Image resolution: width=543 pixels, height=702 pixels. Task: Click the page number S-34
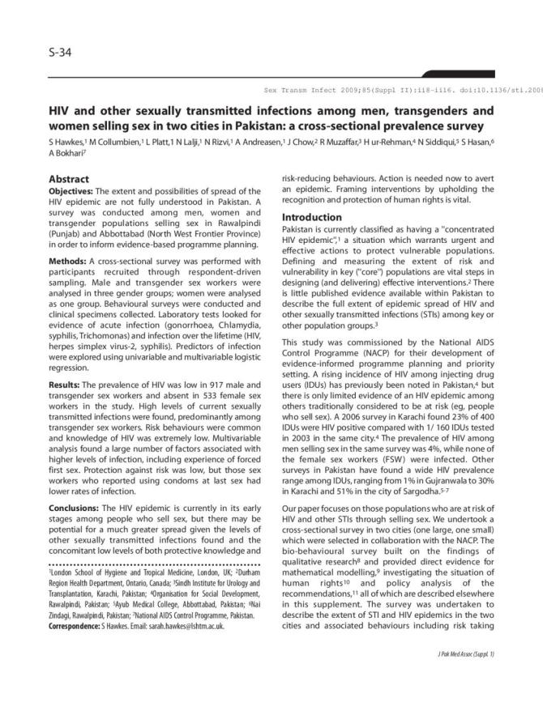(x=62, y=55)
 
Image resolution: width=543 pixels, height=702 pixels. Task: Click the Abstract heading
(x=69, y=178)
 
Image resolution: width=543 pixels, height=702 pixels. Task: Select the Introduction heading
(x=311, y=218)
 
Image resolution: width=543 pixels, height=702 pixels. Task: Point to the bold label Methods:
(x=66, y=283)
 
